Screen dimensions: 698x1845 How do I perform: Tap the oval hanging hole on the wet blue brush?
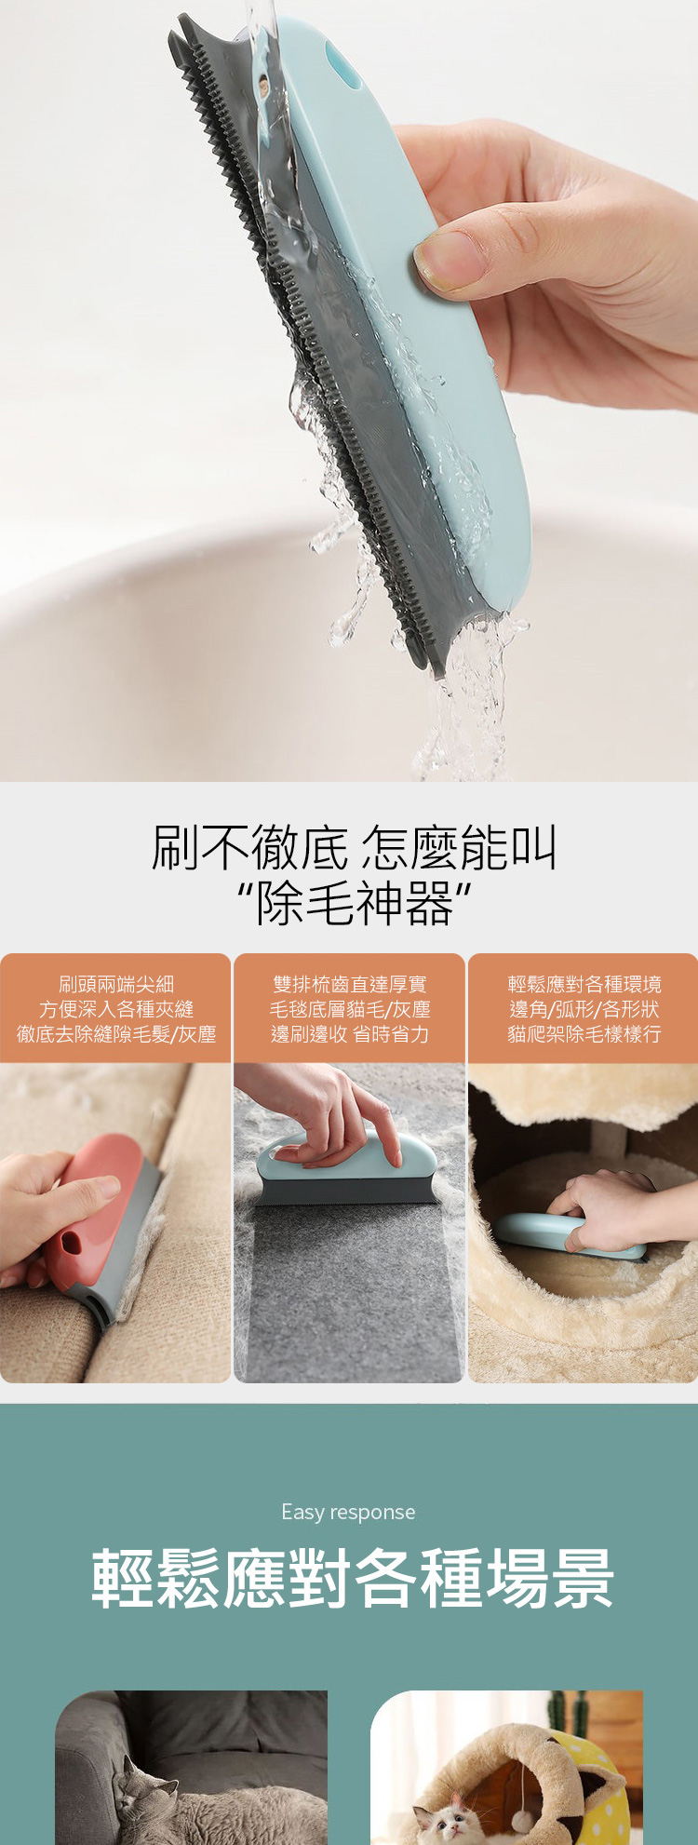(x=344, y=67)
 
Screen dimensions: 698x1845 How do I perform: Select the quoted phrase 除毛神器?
(x=354, y=904)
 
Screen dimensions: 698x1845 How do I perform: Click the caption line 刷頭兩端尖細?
(x=116, y=984)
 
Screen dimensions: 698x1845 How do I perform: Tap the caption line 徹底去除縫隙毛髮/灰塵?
(x=116, y=1034)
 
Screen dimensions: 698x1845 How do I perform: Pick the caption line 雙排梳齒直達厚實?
(x=350, y=984)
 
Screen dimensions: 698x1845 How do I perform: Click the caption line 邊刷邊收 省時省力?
(x=350, y=1034)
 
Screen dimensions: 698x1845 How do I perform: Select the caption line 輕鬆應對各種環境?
(x=584, y=984)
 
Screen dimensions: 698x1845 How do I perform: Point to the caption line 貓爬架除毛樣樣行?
(x=584, y=1034)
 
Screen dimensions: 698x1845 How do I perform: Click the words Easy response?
(x=348, y=1512)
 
